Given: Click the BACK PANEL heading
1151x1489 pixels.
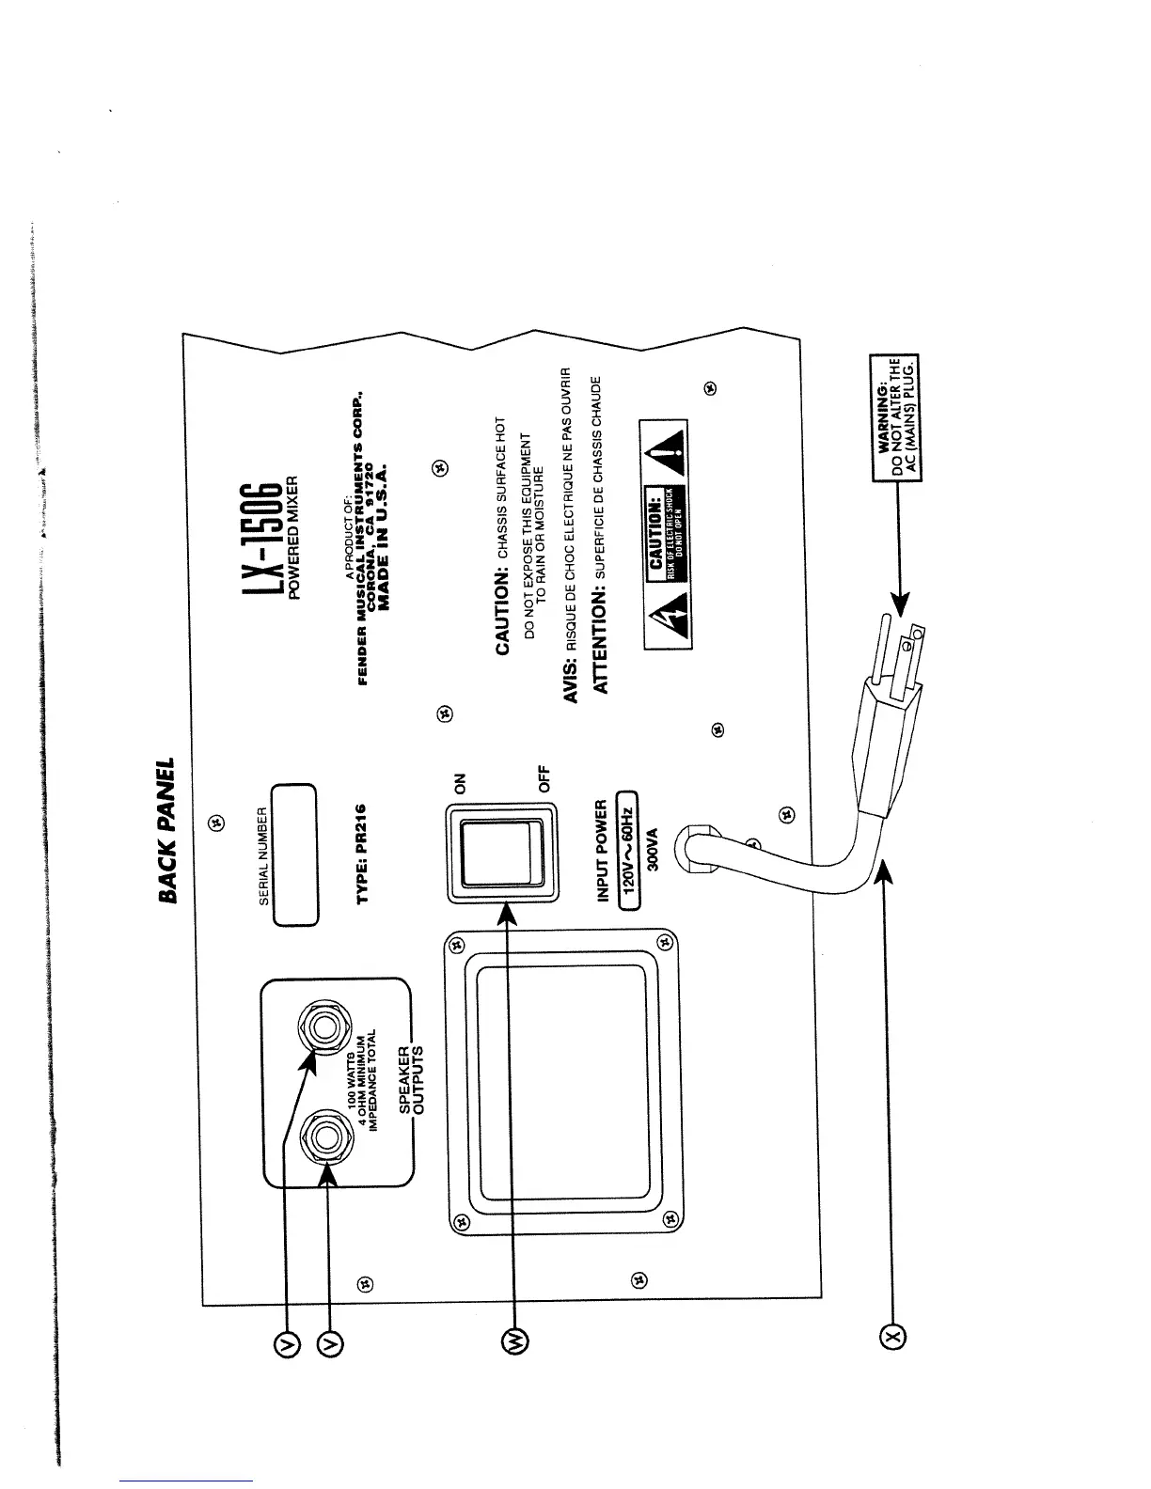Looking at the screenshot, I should click(x=168, y=830).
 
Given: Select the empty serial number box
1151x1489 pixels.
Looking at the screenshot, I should click(x=294, y=854).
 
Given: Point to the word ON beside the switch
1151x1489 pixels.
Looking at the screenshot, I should click(x=461, y=783).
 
